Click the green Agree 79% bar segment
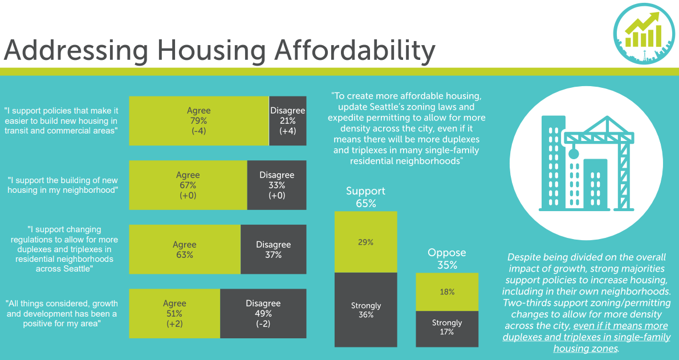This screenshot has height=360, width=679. pyautogui.click(x=199, y=120)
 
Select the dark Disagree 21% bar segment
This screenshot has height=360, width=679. pyautogui.click(x=287, y=120)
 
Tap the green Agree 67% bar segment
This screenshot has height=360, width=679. pyautogui.click(x=188, y=185)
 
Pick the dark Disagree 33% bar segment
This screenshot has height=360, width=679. pyautogui.click(x=277, y=185)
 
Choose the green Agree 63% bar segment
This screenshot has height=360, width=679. pyautogui.click(x=184, y=249)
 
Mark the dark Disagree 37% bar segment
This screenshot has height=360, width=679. pyautogui.click(x=273, y=249)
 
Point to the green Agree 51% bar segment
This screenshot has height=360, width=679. pyautogui.click(x=174, y=313)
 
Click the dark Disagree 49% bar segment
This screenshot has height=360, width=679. pyautogui.click(x=263, y=313)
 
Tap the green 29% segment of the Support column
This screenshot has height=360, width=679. pyautogui.click(x=365, y=242)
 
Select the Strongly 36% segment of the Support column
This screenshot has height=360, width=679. pyautogui.click(x=365, y=310)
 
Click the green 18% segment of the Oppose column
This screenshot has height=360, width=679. pyautogui.click(x=447, y=292)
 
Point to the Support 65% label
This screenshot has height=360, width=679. pyautogui.click(x=365, y=197)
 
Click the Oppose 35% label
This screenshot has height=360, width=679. pyautogui.click(x=447, y=258)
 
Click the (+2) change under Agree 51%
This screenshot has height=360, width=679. pyautogui.click(x=174, y=324)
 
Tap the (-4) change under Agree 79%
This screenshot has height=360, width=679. pyautogui.click(x=199, y=131)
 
